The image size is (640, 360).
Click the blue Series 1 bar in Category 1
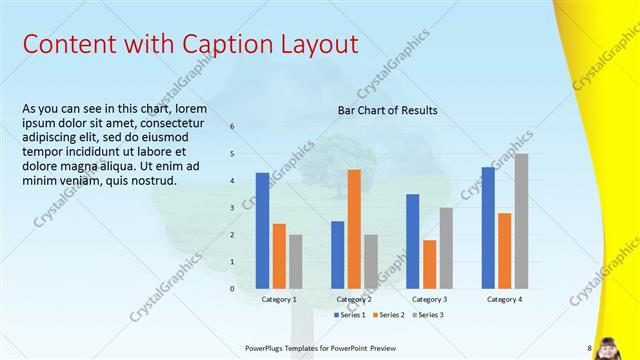point(262,231)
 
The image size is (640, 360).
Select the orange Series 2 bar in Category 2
point(354,229)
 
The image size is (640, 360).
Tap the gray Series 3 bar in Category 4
point(521,221)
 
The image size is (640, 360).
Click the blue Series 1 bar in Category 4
point(488,228)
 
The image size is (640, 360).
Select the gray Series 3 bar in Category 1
point(295,262)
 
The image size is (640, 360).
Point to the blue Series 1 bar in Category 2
point(337,255)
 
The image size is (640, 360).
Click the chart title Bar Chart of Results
point(387,110)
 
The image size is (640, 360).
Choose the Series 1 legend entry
point(349,315)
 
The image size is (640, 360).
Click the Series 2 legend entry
point(388,315)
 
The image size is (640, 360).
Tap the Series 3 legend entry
point(427,315)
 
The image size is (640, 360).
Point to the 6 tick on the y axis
point(232,127)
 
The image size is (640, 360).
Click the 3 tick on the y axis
point(232,208)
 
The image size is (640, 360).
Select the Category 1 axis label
point(279,299)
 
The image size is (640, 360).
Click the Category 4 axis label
point(505,299)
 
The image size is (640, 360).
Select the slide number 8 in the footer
point(589,348)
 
